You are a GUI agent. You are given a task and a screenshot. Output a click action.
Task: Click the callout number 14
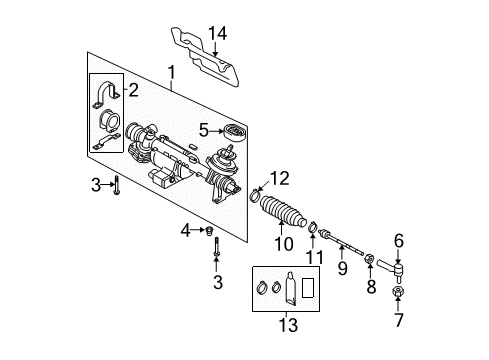218,33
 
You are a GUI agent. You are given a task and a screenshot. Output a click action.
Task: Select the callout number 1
172,73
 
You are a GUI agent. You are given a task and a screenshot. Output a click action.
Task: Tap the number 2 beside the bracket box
133,90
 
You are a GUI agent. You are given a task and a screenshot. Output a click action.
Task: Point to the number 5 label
204,130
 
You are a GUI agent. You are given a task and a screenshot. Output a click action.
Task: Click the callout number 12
279,178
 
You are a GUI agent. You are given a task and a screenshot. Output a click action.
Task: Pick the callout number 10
284,244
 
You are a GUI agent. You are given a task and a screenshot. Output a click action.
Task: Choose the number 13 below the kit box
288,325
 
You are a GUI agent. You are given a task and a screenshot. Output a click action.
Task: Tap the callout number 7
399,320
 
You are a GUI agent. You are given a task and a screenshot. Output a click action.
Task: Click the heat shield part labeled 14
206,58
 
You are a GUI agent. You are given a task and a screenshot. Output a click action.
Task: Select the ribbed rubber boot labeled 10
282,211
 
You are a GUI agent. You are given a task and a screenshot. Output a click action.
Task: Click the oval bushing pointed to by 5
236,133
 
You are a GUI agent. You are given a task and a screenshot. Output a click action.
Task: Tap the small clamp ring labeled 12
255,196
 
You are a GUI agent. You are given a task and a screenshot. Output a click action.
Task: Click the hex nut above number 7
398,291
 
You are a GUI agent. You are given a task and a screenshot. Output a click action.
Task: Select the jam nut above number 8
369,258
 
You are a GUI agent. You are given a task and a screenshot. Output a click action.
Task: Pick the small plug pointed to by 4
209,230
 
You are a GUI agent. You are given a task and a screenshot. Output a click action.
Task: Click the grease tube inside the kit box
290,289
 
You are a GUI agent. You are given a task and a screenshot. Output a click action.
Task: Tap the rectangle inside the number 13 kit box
308,287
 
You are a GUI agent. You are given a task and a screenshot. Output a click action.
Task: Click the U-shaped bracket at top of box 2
106,94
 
